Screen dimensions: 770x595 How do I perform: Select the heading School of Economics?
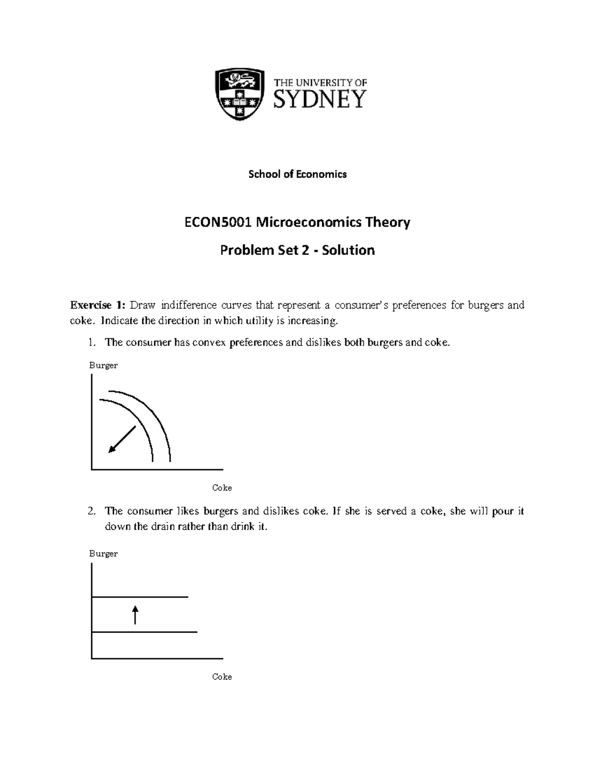(297, 174)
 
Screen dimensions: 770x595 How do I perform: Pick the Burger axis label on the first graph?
(103, 365)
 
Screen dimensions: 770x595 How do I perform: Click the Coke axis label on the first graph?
(222, 488)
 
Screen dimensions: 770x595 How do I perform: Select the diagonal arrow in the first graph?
(122, 439)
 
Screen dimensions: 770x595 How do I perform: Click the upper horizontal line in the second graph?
(140, 597)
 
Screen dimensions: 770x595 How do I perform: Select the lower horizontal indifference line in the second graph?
(144, 632)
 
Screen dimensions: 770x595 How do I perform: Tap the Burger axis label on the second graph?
(103, 554)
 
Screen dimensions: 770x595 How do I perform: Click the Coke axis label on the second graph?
(222, 677)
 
